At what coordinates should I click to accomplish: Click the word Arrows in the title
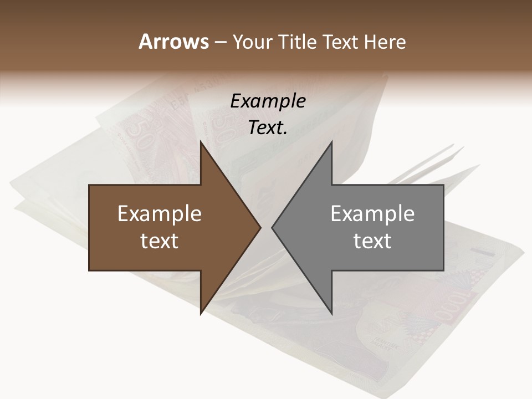pyautogui.click(x=174, y=42)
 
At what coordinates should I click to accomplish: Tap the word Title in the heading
pyautogui.click(x=301, y=42)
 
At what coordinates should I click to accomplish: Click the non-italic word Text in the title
pyautogui.click(x=342, y=42)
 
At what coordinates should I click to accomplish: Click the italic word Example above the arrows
pyautogui.click(x=268, y=101)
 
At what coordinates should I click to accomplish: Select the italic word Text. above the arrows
pyautogui.click(x=268, y=128)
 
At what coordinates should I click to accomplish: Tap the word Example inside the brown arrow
pyautogui.click(x=160, y=214)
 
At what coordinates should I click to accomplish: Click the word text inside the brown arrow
pyautogui.click(x=160, y=241)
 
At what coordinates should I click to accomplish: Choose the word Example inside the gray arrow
pyautogui.click(x=372, y=214)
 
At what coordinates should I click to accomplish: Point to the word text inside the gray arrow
pyautogui.click(x=372, y=241)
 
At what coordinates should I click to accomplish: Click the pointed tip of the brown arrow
pyautogui.click(x=260, y=227)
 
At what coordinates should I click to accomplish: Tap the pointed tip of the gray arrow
pyautogui.click(x=272, y=227)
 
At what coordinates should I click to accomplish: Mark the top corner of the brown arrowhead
pyautogui.click(x=201, y=142)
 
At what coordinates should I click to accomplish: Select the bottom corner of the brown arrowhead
pyautogui.click(x=201, y=313)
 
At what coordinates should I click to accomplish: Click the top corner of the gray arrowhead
pyautogui.click(x=331, y=142)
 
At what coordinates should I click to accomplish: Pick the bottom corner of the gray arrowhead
pyautogui.click(x=331, y=313)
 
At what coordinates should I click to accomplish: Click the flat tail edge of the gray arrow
pyautogui.click(x=443, y=227)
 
